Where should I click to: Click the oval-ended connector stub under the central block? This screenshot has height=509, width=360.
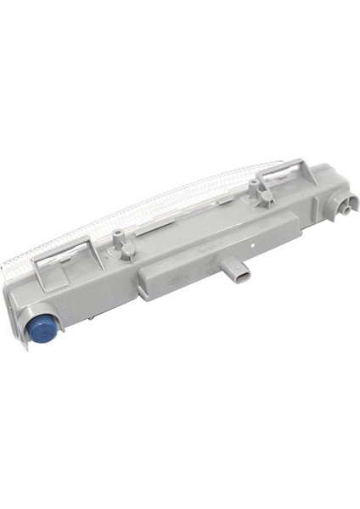pos(239,277)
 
